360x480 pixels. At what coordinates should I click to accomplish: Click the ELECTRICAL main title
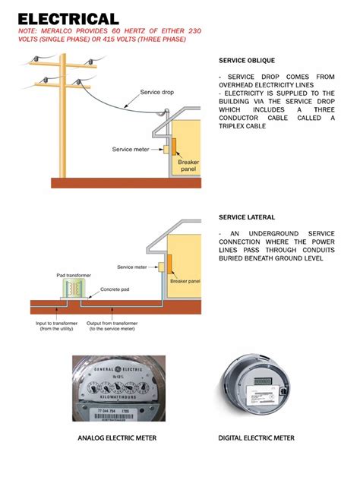tap(68, 19)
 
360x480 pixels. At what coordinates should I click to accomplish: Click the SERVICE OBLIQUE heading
tap(247, 60)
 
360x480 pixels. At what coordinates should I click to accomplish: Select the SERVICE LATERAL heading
tap(247, 217)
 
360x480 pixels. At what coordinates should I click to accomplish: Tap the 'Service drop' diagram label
tap(156, 93)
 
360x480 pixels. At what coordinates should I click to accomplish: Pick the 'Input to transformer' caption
tap(58, 326)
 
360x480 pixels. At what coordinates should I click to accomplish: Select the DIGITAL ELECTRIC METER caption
tap(256, 438)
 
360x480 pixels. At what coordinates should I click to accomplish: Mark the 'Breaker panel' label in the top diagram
tap(188, 166)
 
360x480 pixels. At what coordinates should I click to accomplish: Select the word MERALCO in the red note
tap(55, 32)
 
